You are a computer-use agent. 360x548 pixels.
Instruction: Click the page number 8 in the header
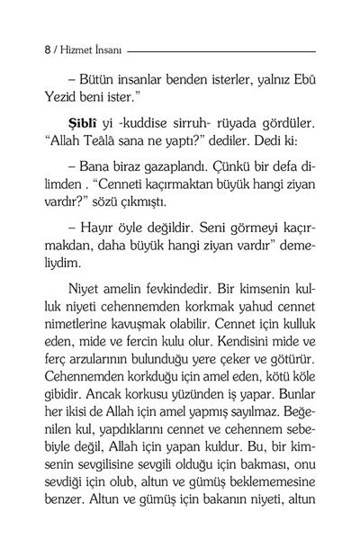pos(46,51)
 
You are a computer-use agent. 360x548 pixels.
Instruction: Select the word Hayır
pos(92,243)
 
